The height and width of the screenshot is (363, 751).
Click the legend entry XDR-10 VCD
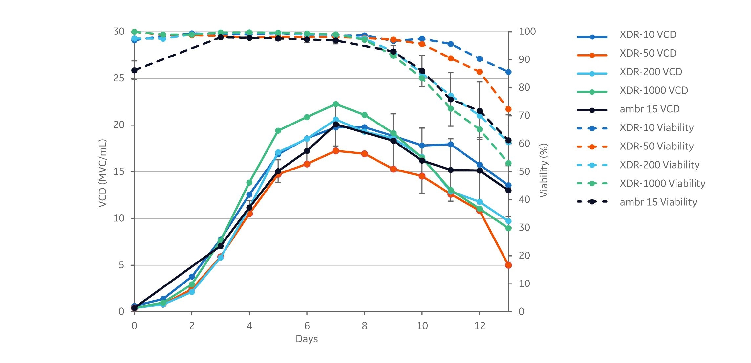[x=648, y=34]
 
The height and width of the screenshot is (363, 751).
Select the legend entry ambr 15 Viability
[x=658, y=202]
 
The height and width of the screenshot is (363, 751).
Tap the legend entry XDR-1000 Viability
[x=662, y=183]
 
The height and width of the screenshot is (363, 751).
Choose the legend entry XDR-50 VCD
[x=648, y=53]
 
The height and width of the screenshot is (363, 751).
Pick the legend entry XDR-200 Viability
[x=659, y=165]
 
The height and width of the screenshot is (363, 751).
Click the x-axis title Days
[x=307, y=339]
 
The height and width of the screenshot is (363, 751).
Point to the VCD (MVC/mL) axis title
[x=103, y=173]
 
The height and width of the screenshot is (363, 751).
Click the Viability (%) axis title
[x=544, y=170]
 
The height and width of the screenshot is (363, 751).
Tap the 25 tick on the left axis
[x=119, y=78]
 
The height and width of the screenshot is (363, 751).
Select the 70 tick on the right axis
[x=524, y=115]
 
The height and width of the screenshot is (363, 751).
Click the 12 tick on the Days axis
[x=480, y=326]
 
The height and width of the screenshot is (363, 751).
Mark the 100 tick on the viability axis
[x=527, y=32]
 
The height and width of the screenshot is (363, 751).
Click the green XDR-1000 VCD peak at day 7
[x=336, y=104]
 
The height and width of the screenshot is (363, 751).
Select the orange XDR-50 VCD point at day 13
[x=508, y=265]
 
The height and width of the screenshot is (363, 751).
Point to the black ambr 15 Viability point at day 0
[x=134, y=70]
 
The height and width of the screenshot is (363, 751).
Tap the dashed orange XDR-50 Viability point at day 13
[x=508, y=109]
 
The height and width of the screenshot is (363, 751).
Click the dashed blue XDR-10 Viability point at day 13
[x=508, y=72]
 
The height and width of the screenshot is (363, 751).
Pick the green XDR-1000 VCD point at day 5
[x=278, y=130]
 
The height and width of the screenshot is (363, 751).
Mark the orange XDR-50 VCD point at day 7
[x=336, y=151]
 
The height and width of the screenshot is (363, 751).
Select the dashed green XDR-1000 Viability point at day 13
[x=508, y=163]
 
